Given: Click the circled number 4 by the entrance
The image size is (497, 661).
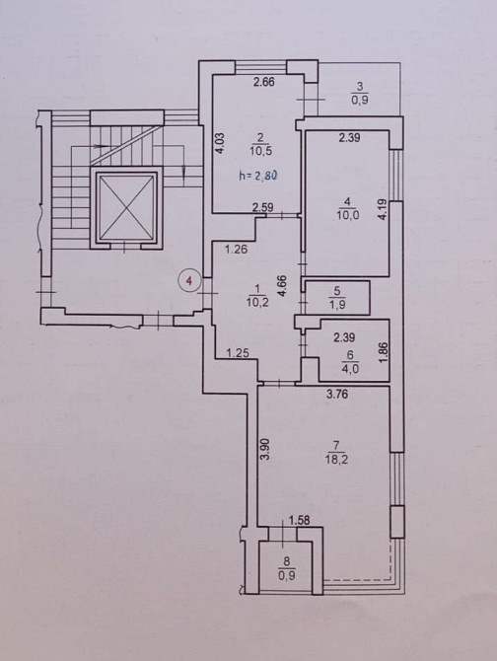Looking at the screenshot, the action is (190, 280).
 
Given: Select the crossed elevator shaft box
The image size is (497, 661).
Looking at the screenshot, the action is (124, 207).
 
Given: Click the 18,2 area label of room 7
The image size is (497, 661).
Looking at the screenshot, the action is (336, 459).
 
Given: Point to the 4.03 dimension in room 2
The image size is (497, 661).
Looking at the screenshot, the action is (222, 144).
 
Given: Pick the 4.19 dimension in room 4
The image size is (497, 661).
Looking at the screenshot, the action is (383, 209).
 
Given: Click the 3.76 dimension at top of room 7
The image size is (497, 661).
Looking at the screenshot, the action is (337, 395).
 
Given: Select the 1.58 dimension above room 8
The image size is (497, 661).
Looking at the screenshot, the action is (299, 520).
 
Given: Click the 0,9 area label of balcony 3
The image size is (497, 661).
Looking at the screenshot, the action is (359, 101).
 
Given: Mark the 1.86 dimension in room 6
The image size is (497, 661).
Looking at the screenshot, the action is (383, 352).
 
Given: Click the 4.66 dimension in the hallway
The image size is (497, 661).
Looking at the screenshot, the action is (282, 287).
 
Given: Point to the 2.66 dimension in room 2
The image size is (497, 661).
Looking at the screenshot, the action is (263, 81).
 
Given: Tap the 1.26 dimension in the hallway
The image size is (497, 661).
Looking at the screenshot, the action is (236, 250).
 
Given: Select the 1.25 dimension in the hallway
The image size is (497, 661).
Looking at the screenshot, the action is (237, 352).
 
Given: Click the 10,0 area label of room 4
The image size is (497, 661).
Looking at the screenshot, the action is (347, 215).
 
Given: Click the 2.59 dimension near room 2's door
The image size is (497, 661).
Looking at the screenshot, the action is (263, 207).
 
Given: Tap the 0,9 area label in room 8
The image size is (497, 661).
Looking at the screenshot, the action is (286, 575).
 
